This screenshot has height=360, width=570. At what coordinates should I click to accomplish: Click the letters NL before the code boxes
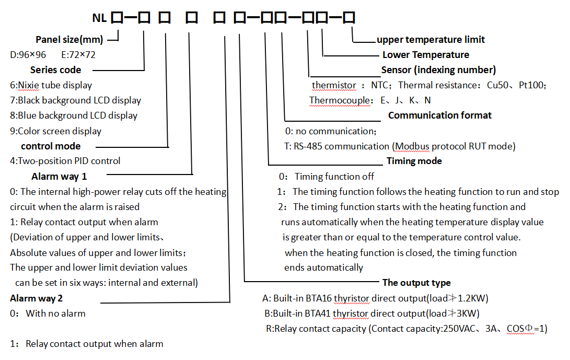click(x=99, y=18)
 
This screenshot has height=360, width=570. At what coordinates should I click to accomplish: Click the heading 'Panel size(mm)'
click(x=69, y=40)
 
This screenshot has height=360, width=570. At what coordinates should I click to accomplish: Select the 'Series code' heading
click(x=55, y=70)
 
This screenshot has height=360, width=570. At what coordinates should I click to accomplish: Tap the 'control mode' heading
click(x=51, y=146)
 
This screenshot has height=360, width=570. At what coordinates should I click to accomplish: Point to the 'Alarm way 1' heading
click(x=59, y=177)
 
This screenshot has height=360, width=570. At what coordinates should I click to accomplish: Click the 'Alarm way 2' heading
click(x=38, y=298)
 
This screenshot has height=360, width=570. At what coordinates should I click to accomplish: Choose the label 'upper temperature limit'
click(x=431, y=40)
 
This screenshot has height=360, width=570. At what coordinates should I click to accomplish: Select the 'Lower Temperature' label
click(x=426, y=55)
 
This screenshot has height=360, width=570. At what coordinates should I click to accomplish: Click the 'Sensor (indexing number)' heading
click(x=438, y=70)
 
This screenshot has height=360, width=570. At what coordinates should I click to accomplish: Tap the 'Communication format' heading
click(x=440, y=115)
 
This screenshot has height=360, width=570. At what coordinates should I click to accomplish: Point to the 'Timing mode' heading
click(x=414, y=161)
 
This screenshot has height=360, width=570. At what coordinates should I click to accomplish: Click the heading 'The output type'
click(x=416, y=283)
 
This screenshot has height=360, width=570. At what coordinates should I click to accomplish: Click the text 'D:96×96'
click(x=28, y=55)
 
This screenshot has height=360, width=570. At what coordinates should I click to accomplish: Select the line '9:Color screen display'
click(x=55, y=131)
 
